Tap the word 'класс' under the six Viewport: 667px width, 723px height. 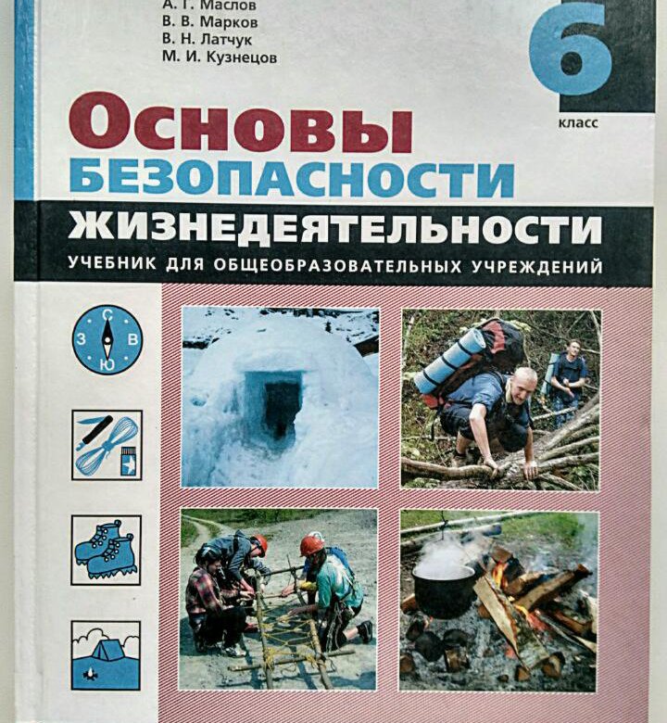[x=578, y=123]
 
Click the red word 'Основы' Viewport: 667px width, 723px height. [x=240, y=122]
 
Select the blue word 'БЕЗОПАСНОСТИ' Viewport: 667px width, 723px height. [x=291, y=179]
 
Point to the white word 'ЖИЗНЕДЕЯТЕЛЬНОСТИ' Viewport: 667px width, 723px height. [x=335, y=229]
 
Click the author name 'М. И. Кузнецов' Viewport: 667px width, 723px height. [x=220, y=57]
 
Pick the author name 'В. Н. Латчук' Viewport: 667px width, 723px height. [x=207, y=40]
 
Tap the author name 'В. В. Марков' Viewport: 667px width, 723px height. [x=209, y=21]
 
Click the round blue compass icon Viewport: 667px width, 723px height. [x=107, y=339]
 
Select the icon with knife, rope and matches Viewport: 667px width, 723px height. [x=107, y=445]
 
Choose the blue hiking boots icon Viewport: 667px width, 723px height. [x=106, y=550]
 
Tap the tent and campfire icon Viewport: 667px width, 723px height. [x=106, y=655]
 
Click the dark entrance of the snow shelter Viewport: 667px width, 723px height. [x=282, y=407]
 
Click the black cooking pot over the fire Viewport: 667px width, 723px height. [x=444, y=591]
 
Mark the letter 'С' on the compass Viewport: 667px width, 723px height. [x=107, y=315]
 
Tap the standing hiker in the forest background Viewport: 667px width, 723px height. [x=567, y=380]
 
